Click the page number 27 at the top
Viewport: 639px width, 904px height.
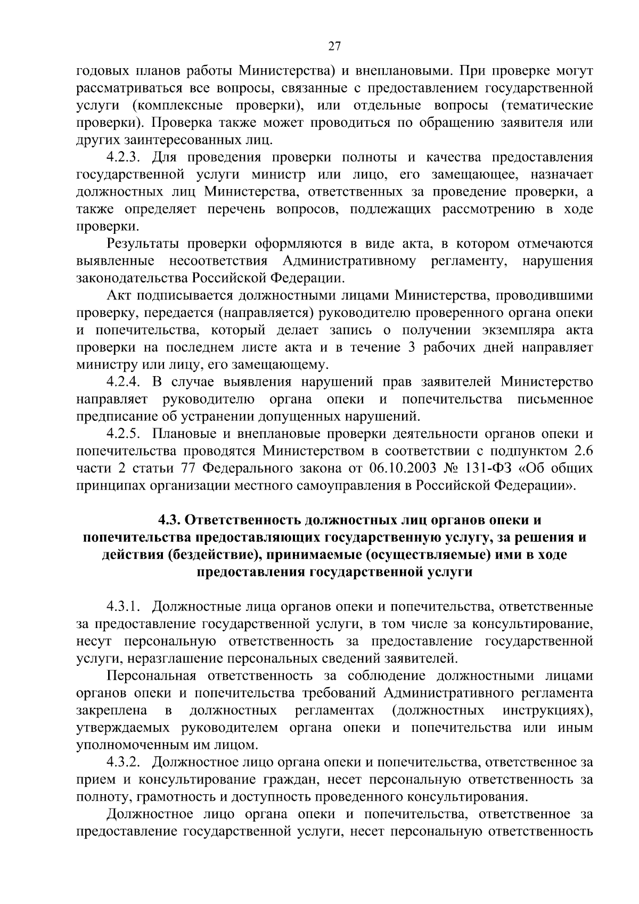[x=334, y=46]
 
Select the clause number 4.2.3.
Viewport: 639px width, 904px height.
[x=123, y=158]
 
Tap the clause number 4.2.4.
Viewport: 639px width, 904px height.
[x=123, y=382]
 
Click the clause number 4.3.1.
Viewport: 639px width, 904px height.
[x=123, y=606]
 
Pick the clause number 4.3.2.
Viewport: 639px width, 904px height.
[x=123, y=762]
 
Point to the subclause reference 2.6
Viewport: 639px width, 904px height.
[x=584, y=452]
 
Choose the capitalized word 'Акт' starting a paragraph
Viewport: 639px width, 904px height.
[x=118, y=296]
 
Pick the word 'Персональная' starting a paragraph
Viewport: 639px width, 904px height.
[x=152, y=676]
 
